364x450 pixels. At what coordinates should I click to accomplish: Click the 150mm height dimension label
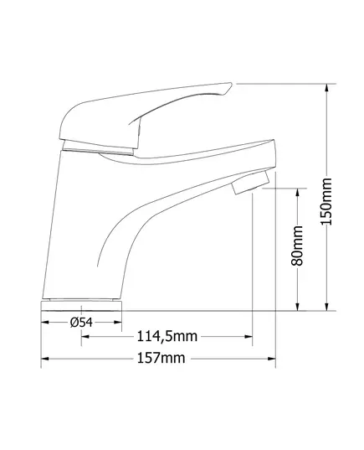[x=326, y=201]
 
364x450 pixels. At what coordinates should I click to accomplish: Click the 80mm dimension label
[x=297, y=246]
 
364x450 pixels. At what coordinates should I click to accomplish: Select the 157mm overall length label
[x=161, y=358]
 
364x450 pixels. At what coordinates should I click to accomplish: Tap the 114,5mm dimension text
[x=167, y=336]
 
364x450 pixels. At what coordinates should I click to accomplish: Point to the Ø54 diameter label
[x=81, y=323]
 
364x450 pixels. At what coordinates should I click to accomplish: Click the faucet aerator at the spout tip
[x=250, y=182]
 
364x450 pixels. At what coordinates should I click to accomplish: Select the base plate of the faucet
[x=81, y=306]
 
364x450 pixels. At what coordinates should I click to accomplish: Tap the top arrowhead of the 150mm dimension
[x=326, y=88]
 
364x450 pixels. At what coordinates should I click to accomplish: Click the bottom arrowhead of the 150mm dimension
[x=326, y=306]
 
